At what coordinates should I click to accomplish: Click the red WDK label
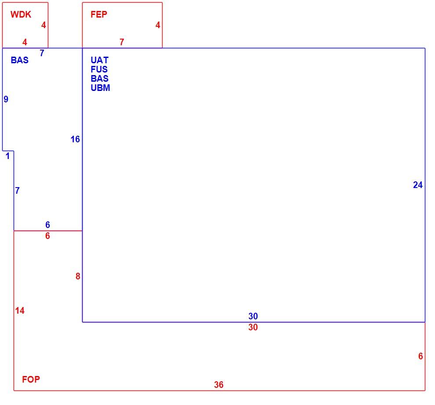(x=21, y=14)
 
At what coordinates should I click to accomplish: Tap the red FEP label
(x=99, y=14)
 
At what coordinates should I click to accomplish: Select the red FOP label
(x=31, y=379)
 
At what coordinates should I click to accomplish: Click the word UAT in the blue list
(x=100, y=60)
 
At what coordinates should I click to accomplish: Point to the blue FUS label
(x=99, y=69)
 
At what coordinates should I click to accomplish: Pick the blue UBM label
(x=101, y=88)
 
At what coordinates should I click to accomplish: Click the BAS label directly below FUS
(x=100, y=79)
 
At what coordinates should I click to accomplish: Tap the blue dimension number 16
(x=75, y=139)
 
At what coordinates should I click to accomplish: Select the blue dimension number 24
(x=418, y=185)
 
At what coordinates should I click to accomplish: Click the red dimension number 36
(x=219, y=385)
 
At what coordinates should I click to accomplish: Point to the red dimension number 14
(x=20, y=311)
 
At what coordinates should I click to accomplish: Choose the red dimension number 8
(x=78, y=276)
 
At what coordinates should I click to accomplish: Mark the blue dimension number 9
(x=6, y=99)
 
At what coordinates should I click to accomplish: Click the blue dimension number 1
(x=8, y=156)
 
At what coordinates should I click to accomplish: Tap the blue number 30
(x=253, y=316)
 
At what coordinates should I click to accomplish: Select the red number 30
(x=253, y=327)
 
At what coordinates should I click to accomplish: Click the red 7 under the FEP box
(x=122, y=42)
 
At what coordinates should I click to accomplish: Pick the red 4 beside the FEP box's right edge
(x=158, y=25)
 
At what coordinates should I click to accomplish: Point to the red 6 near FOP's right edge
(x=420, y=356)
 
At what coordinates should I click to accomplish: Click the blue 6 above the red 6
(x=48, y=225)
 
